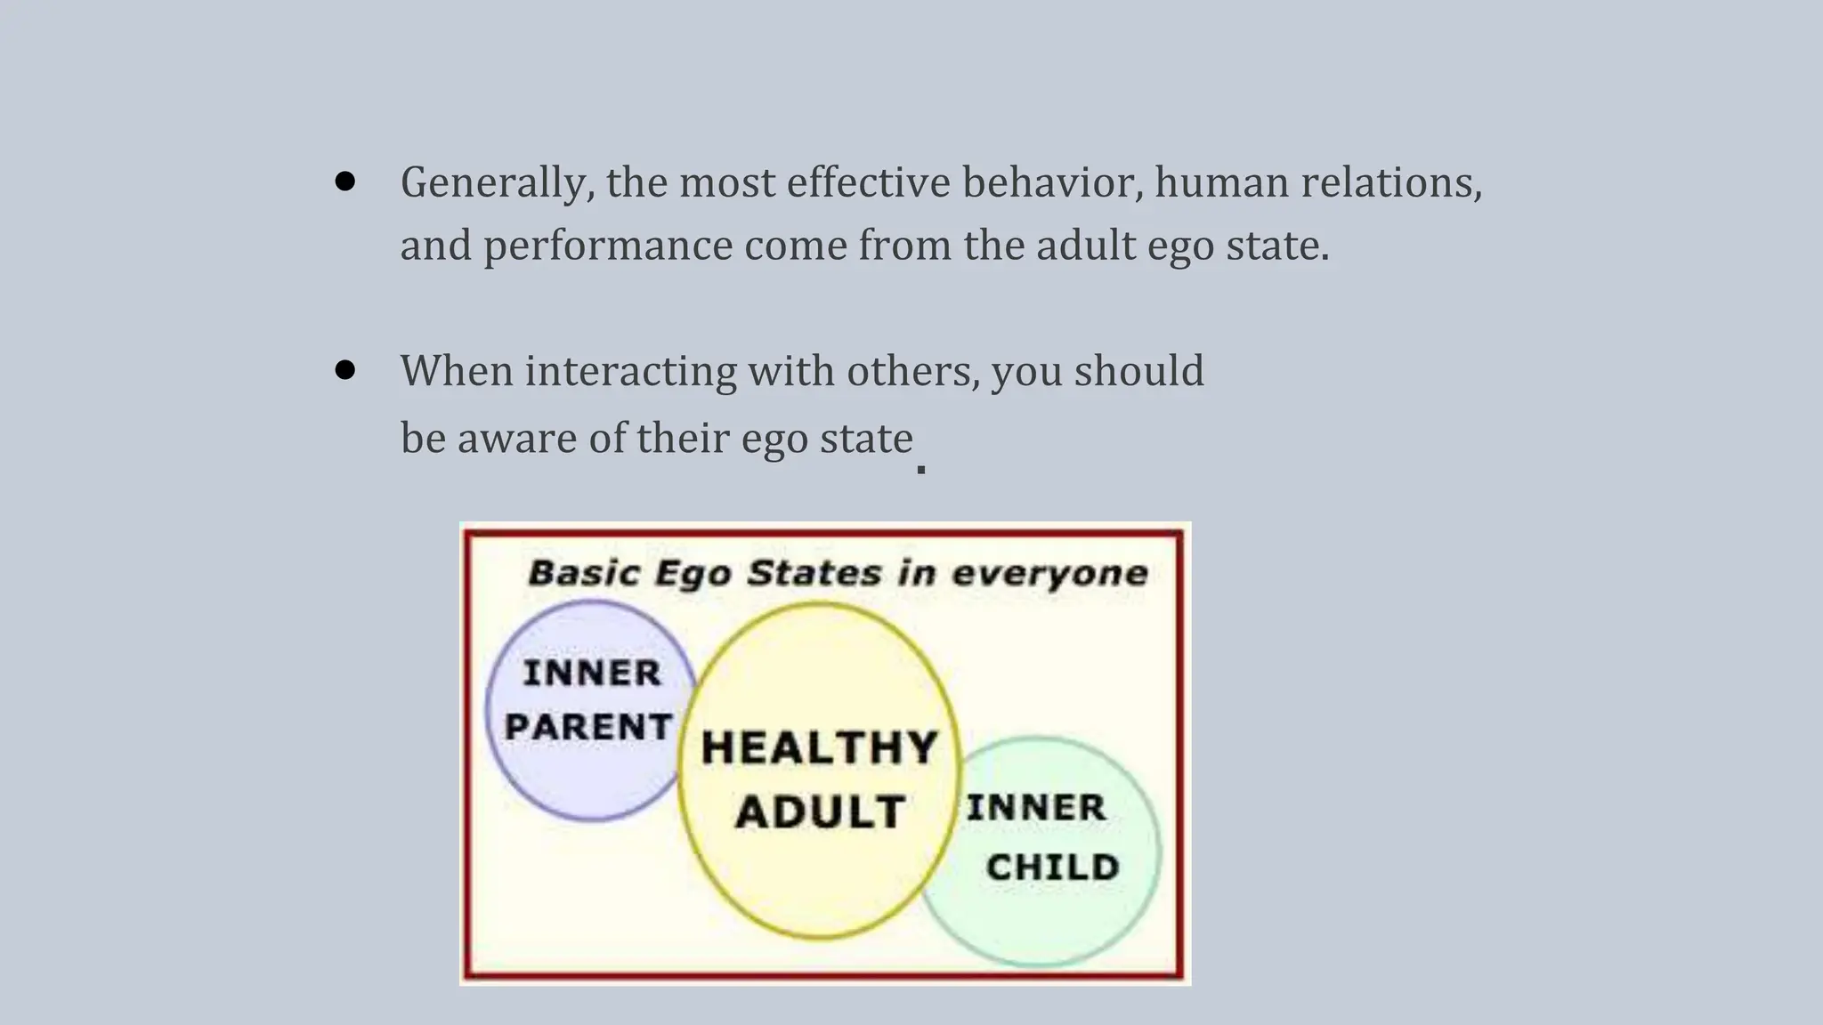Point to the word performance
[x=608, y=246]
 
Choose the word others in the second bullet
[x=913, y=371]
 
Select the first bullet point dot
[x=345, y=182]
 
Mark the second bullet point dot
[x=345, y=370]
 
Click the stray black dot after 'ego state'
[x=921, y=469]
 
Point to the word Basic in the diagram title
[x=585, y=572]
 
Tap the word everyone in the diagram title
[x=1050, y=573]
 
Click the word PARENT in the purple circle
[x=588, y=727]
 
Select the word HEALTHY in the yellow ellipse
[x=820, y=747]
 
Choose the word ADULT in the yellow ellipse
[x=820, y=811]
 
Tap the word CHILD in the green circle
[x=1052, y=867]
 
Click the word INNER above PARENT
[x=592, y=673]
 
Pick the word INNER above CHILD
[x=1036, y=808]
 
